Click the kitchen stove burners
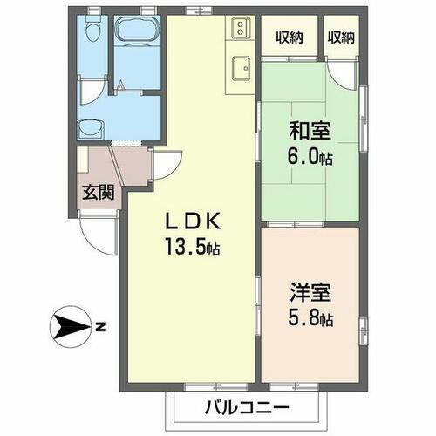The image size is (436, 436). (x=239, y=31)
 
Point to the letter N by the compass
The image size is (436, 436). (x=100, y=328)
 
